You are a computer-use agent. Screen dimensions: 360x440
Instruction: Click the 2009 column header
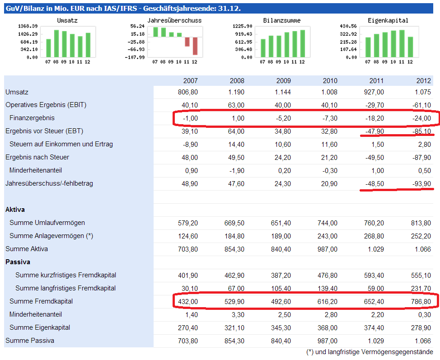pos(283,81)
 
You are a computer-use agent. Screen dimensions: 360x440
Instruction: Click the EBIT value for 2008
pos(235,105)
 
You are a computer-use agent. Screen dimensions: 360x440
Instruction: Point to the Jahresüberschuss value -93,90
pos(421,184)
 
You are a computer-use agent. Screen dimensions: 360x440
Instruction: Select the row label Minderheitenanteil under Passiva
pos(36,314)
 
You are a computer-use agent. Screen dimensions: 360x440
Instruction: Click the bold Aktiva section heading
pos(15,210)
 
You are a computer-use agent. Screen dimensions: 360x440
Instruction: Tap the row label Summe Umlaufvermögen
pos(47,223)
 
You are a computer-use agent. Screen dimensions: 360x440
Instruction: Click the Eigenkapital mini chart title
pos(388,20)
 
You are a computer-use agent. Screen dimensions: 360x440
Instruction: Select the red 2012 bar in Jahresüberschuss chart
pos(195,46)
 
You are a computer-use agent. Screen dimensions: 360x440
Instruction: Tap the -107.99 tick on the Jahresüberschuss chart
pos(136,57)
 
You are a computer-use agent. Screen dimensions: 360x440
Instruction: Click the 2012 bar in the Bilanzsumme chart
pos(302,43)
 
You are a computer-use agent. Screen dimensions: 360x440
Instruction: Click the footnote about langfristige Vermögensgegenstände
pos(370,352)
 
